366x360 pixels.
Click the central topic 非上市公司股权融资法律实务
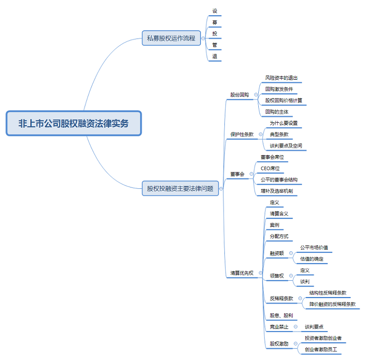point(73,124)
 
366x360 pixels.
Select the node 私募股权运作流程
point(171,38)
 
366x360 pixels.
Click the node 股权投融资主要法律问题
point(180,189)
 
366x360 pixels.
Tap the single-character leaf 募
point(214,22)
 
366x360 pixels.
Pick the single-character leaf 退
point(214,56)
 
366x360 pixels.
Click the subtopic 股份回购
point(239,95)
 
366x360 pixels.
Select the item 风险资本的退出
point(281,77)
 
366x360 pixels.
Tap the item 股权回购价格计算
point(283,100)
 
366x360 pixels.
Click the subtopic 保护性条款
point(242,134)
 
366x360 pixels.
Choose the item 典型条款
point(279,134)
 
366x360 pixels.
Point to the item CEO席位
point(270,168)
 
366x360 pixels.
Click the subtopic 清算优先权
point(242,273)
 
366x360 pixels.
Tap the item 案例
point(274,225)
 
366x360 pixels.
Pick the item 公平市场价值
point(316,248)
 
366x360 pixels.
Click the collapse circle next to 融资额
point(291,253)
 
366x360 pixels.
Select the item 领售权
point(276,276)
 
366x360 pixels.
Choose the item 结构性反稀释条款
point(328,293)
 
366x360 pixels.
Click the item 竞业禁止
point(279,327)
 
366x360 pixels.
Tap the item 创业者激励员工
point(321,349)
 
